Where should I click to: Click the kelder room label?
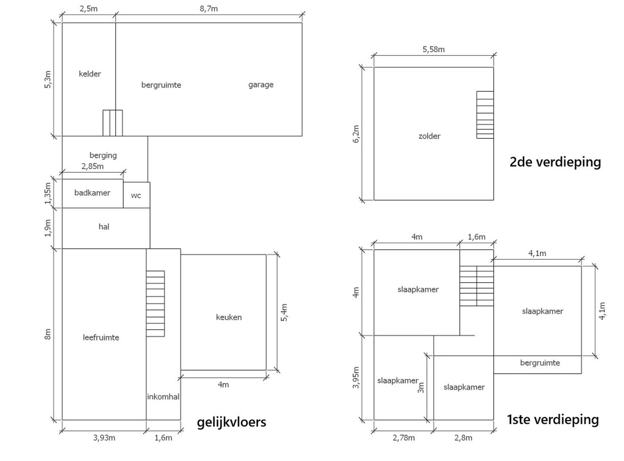click(90, 74)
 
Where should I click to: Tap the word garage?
click(261, 85)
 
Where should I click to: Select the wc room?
click(136, 195)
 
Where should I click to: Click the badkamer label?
click(92, 193)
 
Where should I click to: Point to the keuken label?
click(229, 317)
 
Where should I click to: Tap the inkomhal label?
click(163, 397)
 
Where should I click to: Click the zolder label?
click(429, 136)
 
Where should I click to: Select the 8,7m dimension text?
click(209, 9)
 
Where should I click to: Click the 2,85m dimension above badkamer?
click(93, 166)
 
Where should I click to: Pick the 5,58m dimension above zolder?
click(434, 50)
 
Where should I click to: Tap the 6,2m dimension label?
click(356, 134)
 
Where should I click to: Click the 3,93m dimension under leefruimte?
click(104, 438)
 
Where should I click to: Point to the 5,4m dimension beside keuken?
click(284, 312)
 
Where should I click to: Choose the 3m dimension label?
click(421, 388)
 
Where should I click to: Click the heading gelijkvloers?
click(231, 422)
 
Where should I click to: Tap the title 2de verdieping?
click(555, 162)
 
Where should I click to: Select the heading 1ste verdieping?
click(553, 419)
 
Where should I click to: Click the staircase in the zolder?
click(485, 115)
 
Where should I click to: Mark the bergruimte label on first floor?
click(540, 363)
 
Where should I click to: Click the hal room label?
click(104, 227)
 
